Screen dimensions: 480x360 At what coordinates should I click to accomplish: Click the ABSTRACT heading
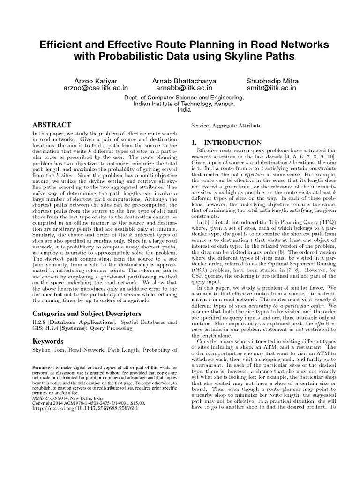pos(52,125)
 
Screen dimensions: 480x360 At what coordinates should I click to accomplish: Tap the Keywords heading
pos(48,341)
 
